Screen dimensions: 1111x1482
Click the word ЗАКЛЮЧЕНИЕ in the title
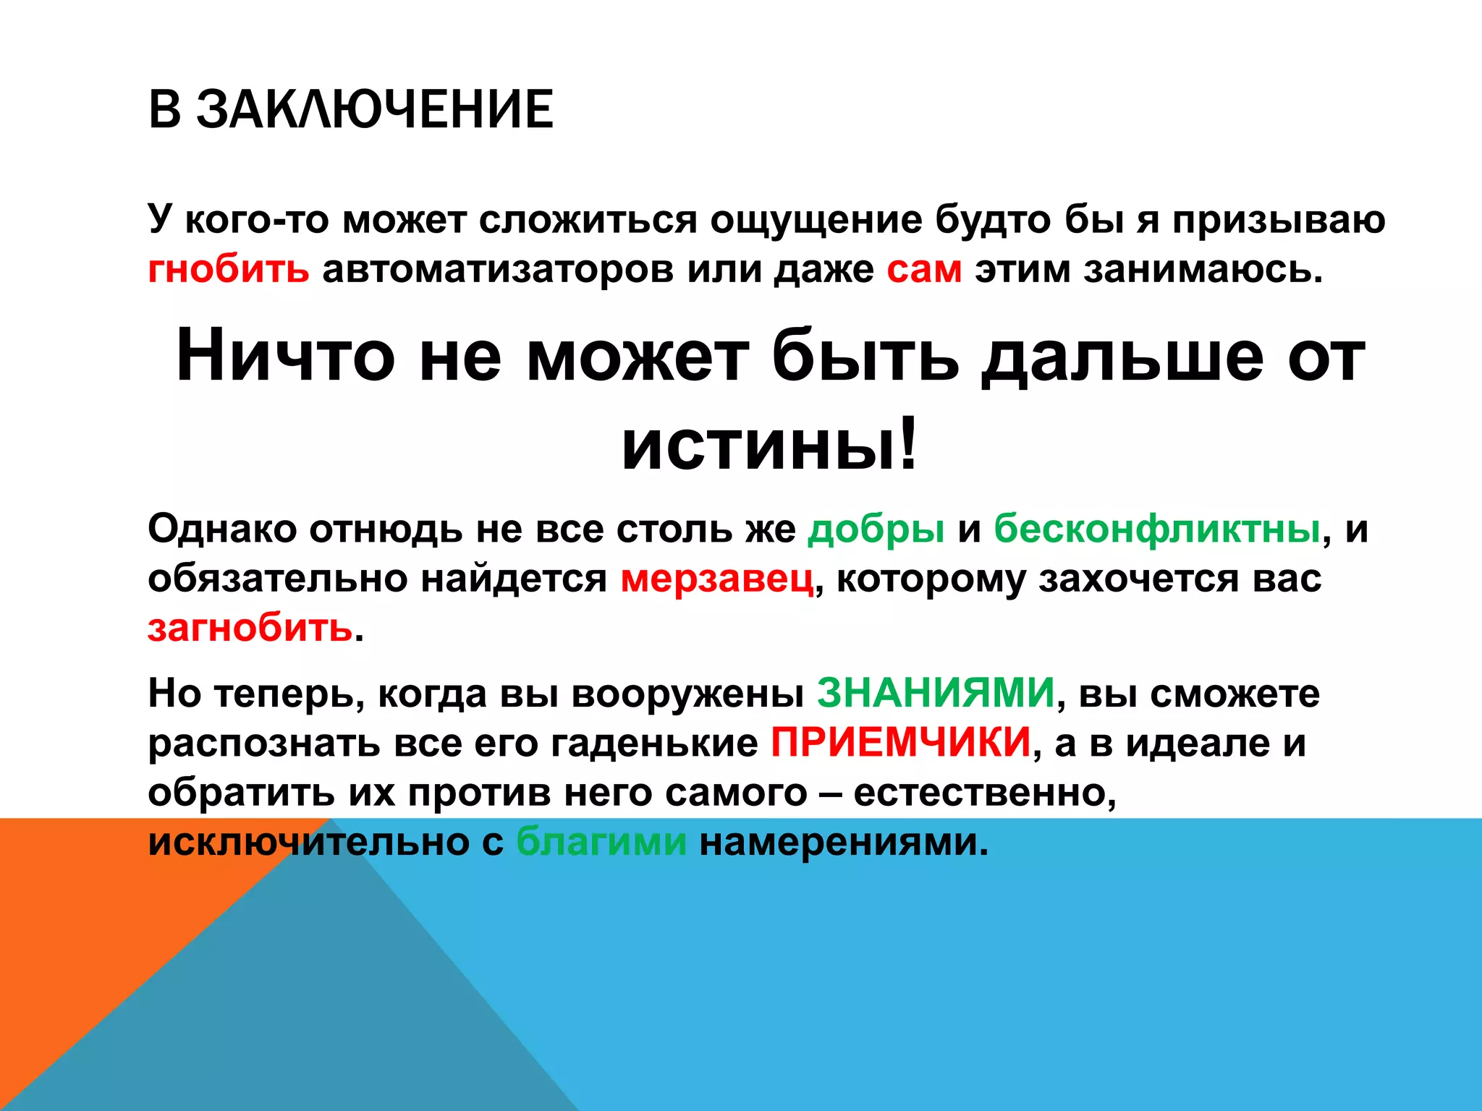pos(375,110)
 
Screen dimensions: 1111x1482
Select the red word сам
pos(924,269)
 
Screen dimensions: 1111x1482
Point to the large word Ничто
pos(285,356)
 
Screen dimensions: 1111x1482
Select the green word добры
pos(876,530)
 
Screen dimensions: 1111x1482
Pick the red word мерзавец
pos(717,579)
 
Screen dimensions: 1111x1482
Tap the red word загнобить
pos(250,628)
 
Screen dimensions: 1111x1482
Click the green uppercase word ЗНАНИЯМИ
pos(936,693)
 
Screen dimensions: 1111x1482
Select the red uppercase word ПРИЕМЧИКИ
pos(900,742)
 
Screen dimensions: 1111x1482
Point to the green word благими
pos(601,842)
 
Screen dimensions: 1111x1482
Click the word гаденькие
pos(654,744)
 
